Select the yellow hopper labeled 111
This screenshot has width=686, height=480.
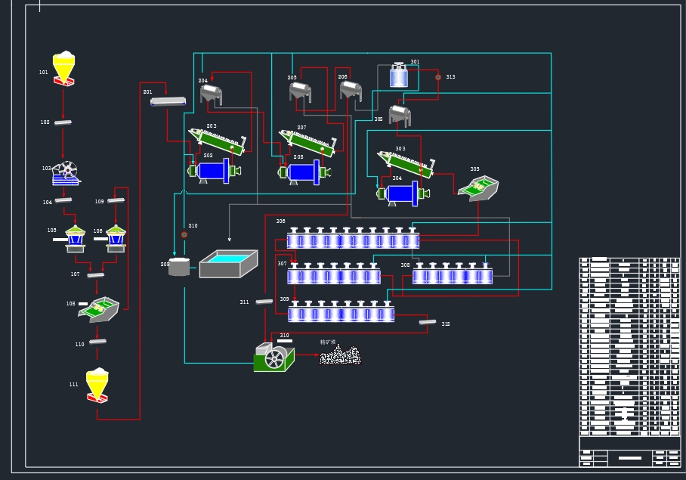point(97,385)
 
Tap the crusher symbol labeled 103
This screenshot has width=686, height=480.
point(66,174)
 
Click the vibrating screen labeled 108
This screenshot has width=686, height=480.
point(98,308)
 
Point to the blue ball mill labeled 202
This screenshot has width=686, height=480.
point(214,170)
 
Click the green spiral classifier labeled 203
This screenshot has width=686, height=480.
point(217,141)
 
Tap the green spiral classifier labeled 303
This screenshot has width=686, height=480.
point(406,163)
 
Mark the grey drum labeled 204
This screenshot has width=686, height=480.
point(211,94)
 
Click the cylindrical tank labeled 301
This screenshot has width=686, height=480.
point(399,76)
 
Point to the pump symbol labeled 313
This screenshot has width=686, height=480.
point(437,77)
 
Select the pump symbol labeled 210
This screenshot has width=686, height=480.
point(184,235)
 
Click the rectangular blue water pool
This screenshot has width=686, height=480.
point(228,263)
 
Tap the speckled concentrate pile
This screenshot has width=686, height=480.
point(340,355)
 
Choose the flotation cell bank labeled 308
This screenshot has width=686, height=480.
point(452,276)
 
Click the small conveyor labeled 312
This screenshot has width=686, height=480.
point(428,322)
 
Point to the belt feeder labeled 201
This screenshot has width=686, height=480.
point(168,101)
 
